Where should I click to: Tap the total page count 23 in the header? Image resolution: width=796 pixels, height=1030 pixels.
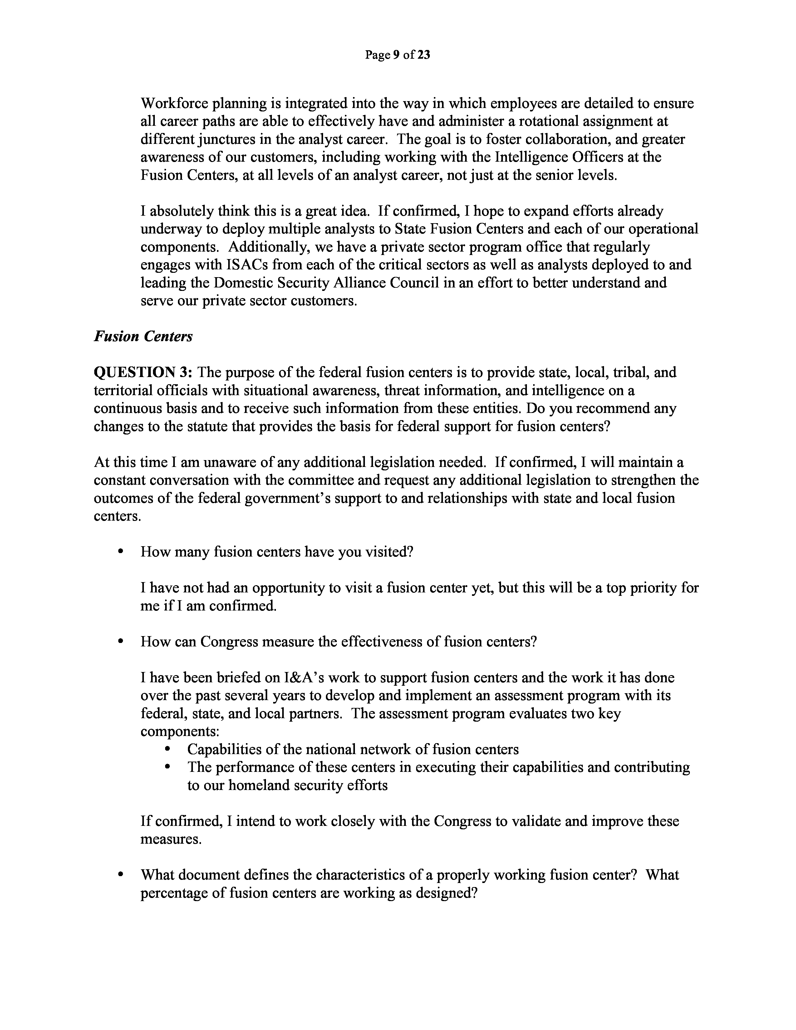coord(424,55)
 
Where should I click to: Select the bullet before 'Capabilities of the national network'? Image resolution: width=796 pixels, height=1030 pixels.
coord(167,749)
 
